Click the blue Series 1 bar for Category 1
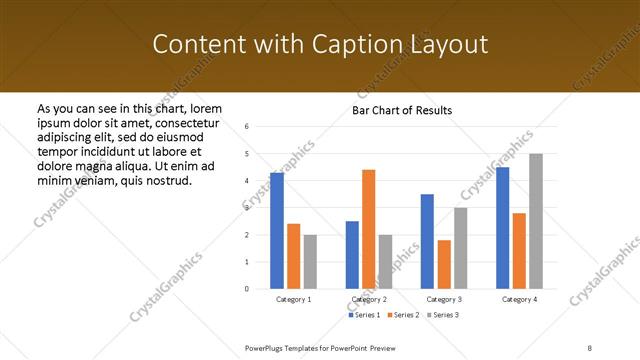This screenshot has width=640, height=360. (x=277, y=231)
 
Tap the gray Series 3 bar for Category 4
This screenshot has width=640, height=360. (x=535, y=221)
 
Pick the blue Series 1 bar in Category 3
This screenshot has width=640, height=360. (x=427, y=241)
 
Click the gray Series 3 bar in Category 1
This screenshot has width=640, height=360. (x=310, y=261)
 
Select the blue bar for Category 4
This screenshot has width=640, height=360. (x=502, y=228)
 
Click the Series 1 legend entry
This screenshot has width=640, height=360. (x=364, y=315)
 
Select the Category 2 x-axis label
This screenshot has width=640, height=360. (x=368, y=299)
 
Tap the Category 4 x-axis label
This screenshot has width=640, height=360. (x=519, y=299)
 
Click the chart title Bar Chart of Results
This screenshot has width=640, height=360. (x=402, y=110)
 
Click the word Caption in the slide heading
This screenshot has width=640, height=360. (x=361, y=45)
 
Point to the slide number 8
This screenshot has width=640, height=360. (x=590, y=347)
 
